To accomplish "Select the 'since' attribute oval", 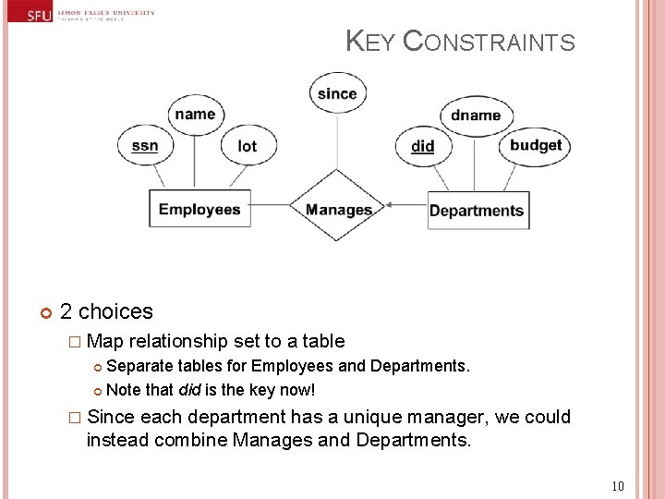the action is point(337,93).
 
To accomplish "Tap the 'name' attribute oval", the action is point(195,115).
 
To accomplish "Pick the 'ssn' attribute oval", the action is point(145,146).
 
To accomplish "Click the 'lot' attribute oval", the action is point(247,146).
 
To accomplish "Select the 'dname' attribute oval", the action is point(476,116).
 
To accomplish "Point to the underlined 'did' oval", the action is point(423,146).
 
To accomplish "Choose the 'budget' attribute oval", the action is point(536,145).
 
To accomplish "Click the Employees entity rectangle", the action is point(199,209).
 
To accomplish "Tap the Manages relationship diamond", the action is point(338,210).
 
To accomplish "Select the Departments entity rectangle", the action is point(477,210).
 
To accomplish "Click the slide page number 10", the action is point(618,486).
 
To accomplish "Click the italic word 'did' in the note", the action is point(189,390).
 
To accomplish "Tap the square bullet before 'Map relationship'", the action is point(76,342).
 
